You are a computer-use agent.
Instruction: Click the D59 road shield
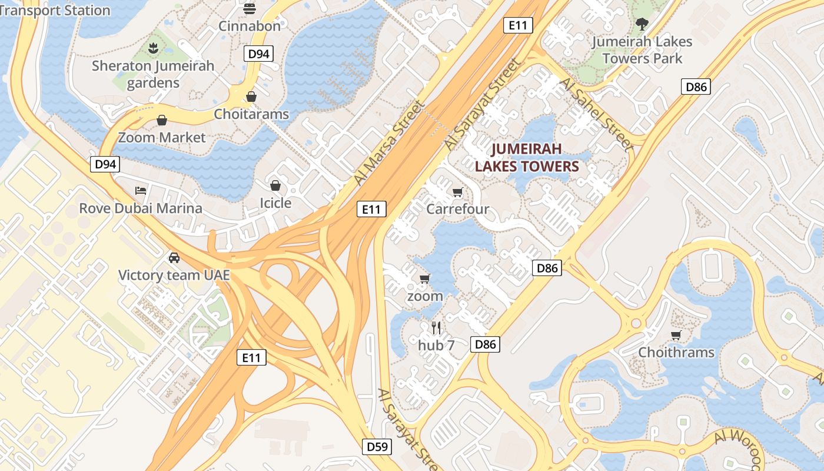point(377,447)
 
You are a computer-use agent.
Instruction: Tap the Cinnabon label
point(250,26)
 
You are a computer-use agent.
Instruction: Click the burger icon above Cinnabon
point(250,8)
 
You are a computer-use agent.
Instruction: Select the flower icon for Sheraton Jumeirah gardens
point(153,49)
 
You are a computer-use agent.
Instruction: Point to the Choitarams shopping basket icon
point(251,97)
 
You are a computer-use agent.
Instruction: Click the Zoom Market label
point(162,138)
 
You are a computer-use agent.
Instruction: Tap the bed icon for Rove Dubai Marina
point(141,190)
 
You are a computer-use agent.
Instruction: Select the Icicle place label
point(275,203)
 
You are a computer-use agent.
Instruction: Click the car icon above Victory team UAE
point(174,257)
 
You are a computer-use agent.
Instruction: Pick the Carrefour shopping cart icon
point(457,192)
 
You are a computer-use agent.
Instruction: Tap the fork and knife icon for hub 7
point(436,328)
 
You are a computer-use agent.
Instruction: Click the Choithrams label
point(676,353)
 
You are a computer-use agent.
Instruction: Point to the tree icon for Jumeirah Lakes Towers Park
point(642,24)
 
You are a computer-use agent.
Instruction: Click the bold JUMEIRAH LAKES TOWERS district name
point(527,157)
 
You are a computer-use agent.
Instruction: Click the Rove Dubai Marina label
point(141,208)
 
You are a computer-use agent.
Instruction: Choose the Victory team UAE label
point(174,276)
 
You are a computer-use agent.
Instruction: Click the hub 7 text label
point(436,346)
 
